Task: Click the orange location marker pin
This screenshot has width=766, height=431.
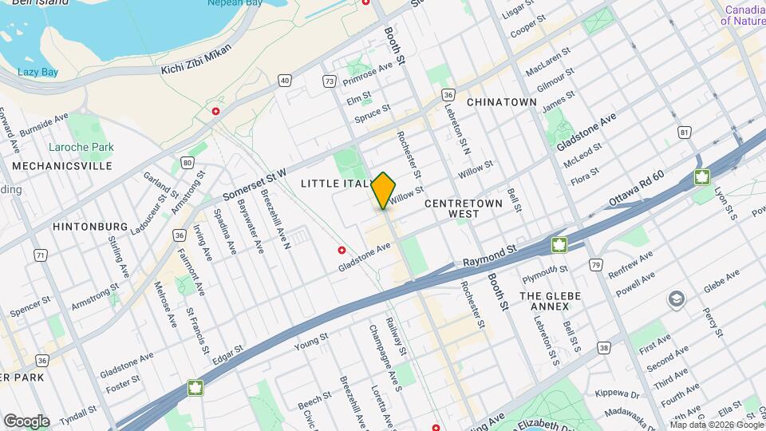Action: tap(384, 191)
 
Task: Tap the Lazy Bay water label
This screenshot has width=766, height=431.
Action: tap(38, 72)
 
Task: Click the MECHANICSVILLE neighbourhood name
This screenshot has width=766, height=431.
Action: tap(61, 166)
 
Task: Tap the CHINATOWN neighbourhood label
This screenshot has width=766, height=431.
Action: tap(501, 102)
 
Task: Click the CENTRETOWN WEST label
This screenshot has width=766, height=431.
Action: tap(464, 208)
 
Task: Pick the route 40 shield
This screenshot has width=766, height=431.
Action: tap(285, 80)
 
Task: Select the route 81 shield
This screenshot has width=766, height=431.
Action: tap(684, 131)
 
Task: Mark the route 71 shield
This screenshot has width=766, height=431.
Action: tap(40, 255)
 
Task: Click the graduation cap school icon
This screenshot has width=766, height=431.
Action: tap(676, 299)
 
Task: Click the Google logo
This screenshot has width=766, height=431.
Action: tap(26, 421)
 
